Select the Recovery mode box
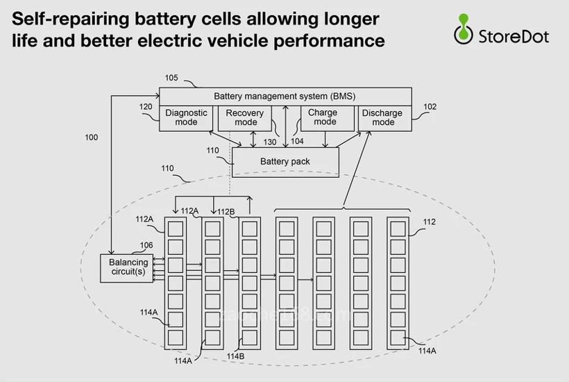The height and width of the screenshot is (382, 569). [246, 117]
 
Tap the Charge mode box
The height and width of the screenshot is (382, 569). [324, 117]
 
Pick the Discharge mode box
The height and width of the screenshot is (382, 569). [383, 117]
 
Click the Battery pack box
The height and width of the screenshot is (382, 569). [285, 162]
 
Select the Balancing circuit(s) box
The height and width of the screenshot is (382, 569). [128, 267]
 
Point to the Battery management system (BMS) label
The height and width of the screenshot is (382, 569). [284, 96]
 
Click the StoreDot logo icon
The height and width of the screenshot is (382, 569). [463, 28]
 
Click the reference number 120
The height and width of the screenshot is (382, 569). [146, 107]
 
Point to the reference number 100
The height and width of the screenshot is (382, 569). [92, 138]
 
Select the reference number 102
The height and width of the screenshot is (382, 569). [430, 107]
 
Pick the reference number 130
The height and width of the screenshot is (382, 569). [269, 142]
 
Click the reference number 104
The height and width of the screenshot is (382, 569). [297, 141]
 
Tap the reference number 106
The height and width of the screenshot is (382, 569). [146, 245]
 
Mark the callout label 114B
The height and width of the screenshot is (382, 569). [235, 357]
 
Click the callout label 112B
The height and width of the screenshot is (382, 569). [226, 212]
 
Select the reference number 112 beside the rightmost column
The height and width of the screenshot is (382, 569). [430, 222]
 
